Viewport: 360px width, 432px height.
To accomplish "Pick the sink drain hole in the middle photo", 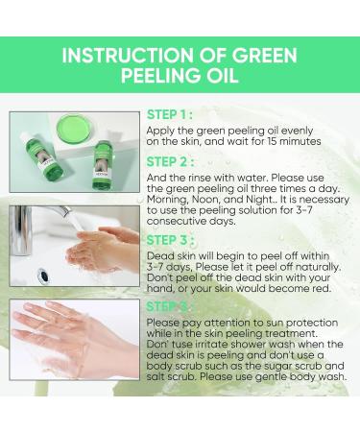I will [44, 276].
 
